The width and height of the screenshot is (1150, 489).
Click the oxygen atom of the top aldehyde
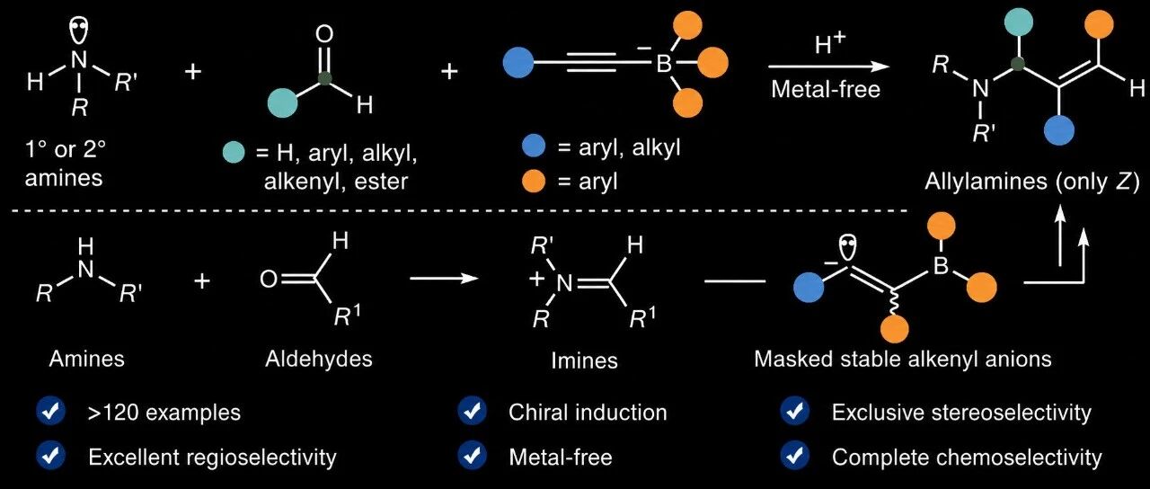(x=324, y=34)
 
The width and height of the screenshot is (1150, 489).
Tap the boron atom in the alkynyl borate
(x=664, y=65)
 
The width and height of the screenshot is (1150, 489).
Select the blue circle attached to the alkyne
(x=518, y=63)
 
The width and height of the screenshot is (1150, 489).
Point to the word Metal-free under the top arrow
(x=826, y=90)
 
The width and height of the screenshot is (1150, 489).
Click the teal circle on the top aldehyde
(x=282, y=103)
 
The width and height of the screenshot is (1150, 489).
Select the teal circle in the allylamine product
(x=1020, y=22)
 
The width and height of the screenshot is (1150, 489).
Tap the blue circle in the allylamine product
(x=1059, y=130)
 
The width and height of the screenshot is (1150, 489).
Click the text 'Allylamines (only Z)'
(x=1032, y=182)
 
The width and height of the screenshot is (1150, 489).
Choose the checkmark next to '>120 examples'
(x=51, y=412)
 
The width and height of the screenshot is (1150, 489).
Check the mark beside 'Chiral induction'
(x=472, y=412)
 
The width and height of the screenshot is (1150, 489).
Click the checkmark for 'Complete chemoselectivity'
(x=795, y=456)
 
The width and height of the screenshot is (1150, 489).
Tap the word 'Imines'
(x=584, y=360)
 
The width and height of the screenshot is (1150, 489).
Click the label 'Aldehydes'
(x=319, y=359)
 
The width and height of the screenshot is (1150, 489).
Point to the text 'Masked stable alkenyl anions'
(x=903, y=359)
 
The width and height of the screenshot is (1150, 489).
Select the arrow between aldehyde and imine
(x=444, y=279)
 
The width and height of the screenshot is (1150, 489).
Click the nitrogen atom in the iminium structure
(x=564, y=282)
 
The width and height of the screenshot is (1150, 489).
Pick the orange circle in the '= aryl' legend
(x=534, y=182)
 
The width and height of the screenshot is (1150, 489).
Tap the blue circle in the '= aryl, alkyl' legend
(x=534, y=147)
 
